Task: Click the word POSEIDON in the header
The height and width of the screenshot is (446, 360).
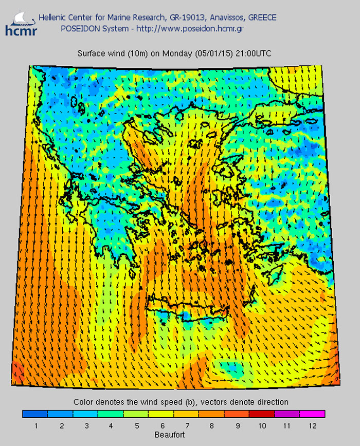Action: tap(79, 28)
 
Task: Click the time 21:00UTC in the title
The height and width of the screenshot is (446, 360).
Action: tap(254, 53)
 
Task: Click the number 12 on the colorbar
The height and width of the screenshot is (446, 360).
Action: tap(312, 425)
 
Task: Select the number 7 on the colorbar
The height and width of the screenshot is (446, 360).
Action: tap(186, 425)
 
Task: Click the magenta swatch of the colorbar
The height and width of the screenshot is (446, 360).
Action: tap(312, 414)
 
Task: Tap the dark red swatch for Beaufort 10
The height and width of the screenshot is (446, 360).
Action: tap(262, 414)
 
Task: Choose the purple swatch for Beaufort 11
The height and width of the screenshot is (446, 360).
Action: tap(287, 414)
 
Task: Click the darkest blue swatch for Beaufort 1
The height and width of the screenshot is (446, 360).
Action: tap(35, 414)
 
